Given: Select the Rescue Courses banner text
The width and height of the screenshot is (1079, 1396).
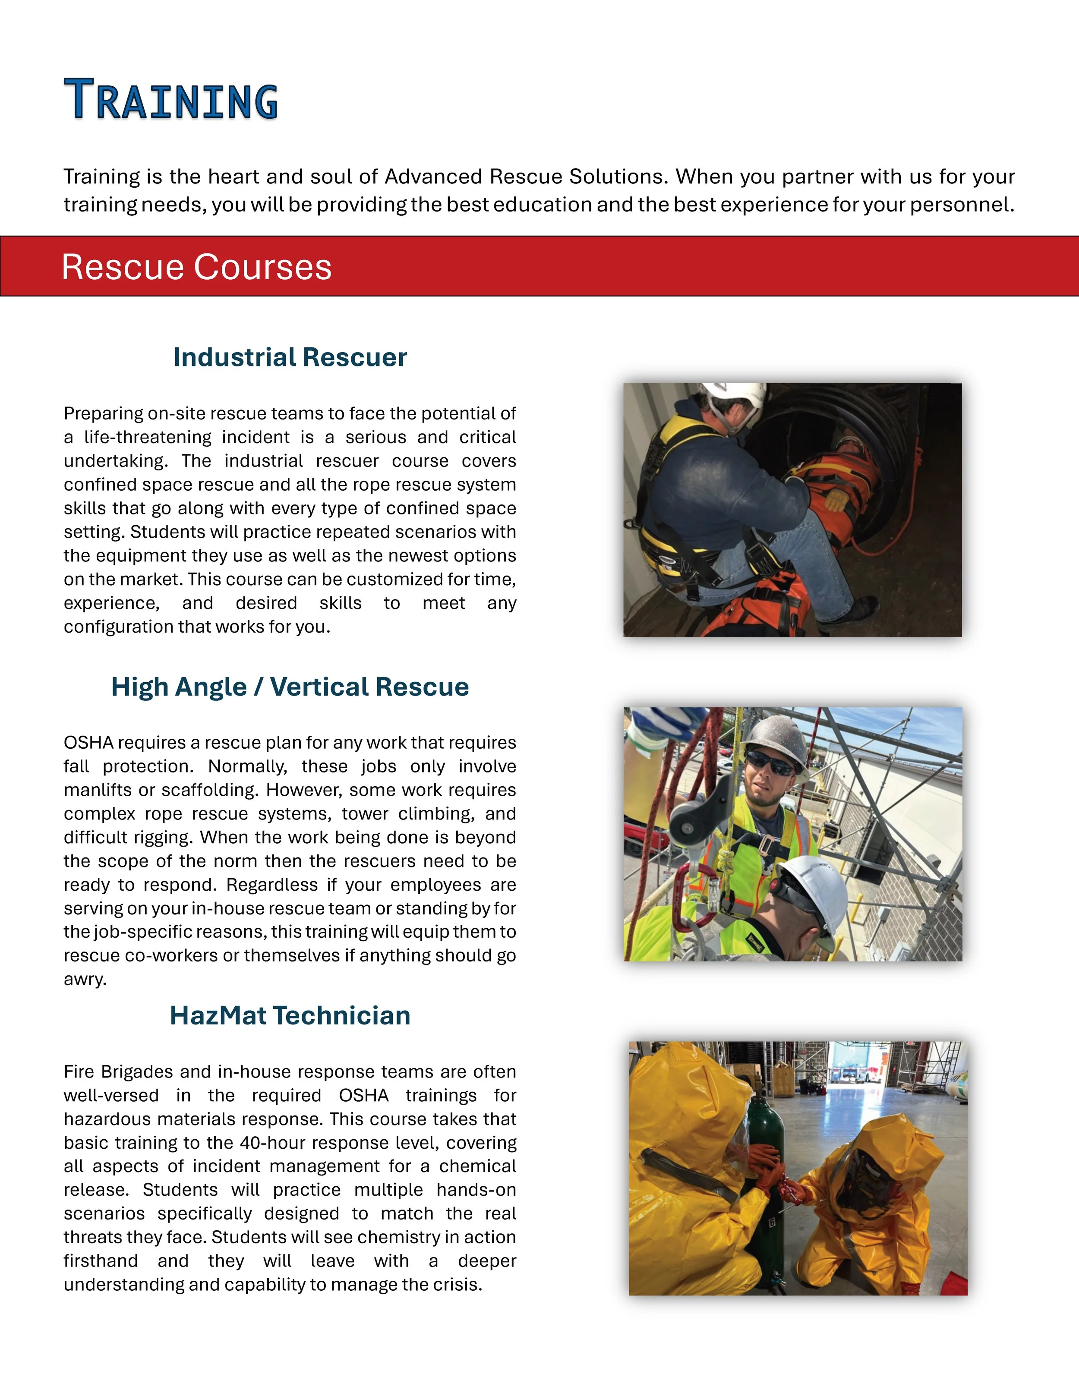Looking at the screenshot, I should tap(196, 267).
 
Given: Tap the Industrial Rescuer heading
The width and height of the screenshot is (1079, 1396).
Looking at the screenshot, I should tap(290, 357).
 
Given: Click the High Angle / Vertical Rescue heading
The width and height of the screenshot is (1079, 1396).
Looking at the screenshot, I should tap(290, 687).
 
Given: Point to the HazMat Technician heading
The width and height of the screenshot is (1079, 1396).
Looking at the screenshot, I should tap(290, 1016).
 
